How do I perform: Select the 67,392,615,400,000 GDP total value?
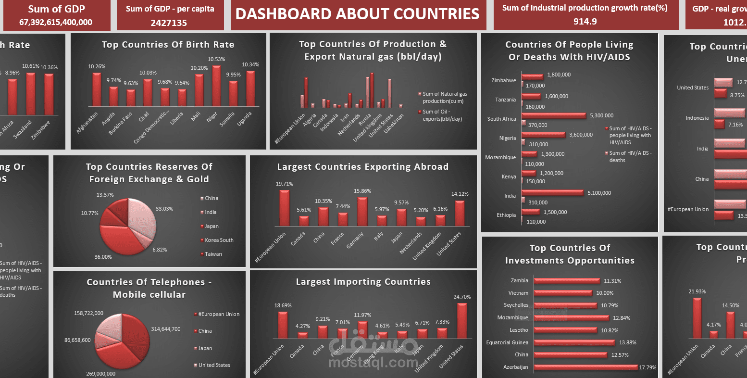(56, 22)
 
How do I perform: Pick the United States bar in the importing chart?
(462, 321)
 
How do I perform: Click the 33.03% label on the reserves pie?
(164, 209)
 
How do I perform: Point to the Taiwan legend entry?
(213, 254)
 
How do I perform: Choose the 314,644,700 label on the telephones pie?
(166, 329)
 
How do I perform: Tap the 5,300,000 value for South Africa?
(602, 115)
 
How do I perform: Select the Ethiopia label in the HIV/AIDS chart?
(506, 215)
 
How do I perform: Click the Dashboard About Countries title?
(357, 14)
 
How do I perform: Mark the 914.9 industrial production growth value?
(585, 21)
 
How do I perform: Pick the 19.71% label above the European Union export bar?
(284, 184)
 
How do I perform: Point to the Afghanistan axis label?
(87, 123)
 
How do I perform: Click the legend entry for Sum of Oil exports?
(442, 115)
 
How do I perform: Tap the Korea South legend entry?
(219, 240)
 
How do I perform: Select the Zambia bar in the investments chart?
(566, 281)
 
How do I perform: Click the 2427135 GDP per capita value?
(169, 23)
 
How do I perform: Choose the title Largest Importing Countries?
(363, 282)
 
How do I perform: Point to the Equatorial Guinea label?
(507, 342)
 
